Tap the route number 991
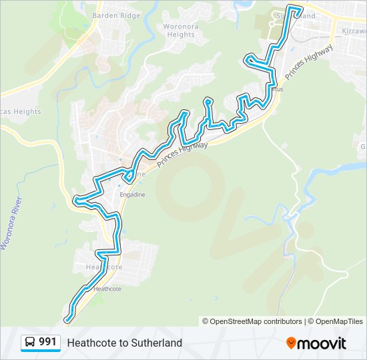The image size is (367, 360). click(47, 342)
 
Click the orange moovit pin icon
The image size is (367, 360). click(291, 343)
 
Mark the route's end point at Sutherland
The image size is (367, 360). click(302, 13)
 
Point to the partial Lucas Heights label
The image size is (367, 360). click(20, 112)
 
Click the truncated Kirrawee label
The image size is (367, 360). click(354, 31)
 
